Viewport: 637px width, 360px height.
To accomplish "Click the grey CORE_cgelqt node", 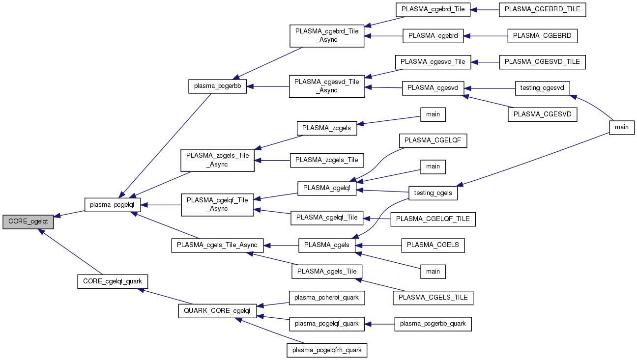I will pyautogui.click(x=28, y=222).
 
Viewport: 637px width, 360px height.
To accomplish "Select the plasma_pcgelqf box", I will pyautogui.click(x=113, y=204).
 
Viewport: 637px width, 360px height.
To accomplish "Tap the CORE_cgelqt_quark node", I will pyautogui.click(x=113, y=281).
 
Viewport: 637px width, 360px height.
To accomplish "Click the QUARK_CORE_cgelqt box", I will pyautogui.click(x=217, y=310).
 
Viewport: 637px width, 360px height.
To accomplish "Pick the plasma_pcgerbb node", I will pyautogui.click(x=217, y=86).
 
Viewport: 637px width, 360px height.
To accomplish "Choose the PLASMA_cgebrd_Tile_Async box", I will pyautogui.click(x=327, y=35).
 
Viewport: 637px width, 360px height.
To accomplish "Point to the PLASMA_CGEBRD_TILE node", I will pyautogui.click(x=543, y=9).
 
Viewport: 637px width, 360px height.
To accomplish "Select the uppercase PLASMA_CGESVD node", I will pyautogui.click(x=543, y=114).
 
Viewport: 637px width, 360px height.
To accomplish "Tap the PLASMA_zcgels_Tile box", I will pyautogui.click(x=327, y=160).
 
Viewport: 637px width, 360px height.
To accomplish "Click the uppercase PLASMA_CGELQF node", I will pyautogui.click(x=433, y=140).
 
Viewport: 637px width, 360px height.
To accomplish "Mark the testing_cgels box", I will pyautogui.click(x=433, y=193).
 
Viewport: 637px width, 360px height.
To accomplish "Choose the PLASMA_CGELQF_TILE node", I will pyautogui.click(x=433, y=219).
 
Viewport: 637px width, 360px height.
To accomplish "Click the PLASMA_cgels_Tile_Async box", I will pyautogui.click(x=217, y=245).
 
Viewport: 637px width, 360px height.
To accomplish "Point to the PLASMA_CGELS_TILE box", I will pyautogui.click(x=433, y=297).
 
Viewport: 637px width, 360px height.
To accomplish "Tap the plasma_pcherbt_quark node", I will pyautogui.click(x=327, y=297).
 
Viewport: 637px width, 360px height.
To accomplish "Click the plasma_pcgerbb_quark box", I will pyautogui.click(x=433, y=324).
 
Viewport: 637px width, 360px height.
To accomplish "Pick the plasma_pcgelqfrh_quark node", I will pyautogui.click(x=327, y=350).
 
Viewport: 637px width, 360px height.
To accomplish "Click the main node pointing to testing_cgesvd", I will pyautogui.click(x=622, y=127).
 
